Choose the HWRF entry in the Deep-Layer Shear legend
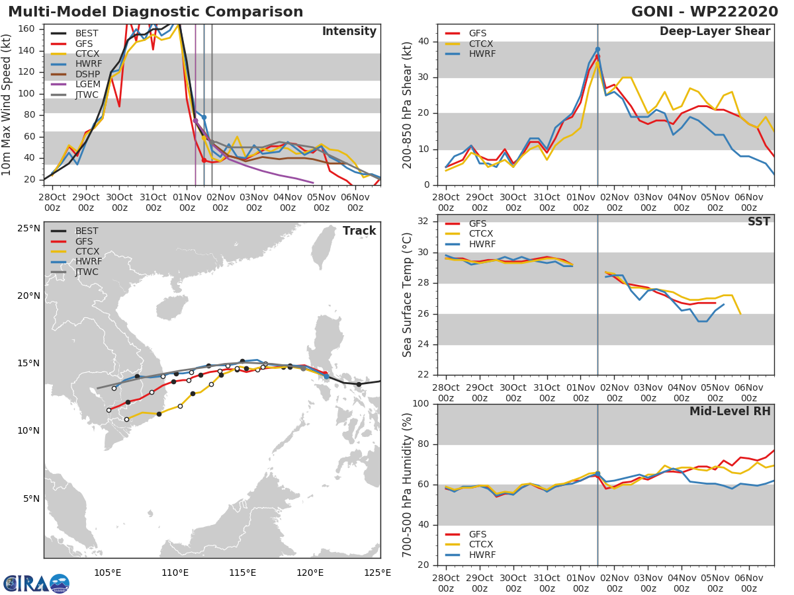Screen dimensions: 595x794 click(x=482, y=54)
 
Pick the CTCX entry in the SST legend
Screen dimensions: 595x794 click(x=481, y=233)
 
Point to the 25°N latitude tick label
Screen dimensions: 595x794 click(x=28, y=229)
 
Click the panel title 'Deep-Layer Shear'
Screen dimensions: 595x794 click(x=715, y=32)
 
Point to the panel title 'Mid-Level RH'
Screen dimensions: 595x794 click(x=730, y=411)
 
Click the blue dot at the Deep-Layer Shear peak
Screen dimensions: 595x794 click(x=597, y=50)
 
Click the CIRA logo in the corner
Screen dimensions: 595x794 click(x=36, y=584)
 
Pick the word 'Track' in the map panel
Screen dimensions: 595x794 click(x=359, y=231)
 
